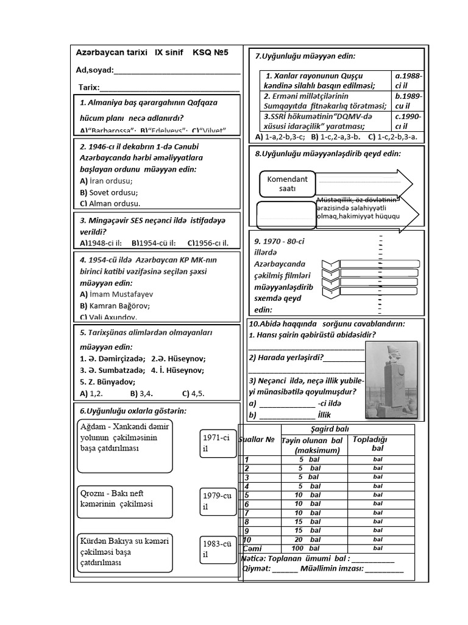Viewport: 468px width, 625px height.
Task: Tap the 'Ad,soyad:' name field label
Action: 94,70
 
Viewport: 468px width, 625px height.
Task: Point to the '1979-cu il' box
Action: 216,501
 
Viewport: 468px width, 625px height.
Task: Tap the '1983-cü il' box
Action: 216,549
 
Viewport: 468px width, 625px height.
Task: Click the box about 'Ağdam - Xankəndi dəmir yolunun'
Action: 125,446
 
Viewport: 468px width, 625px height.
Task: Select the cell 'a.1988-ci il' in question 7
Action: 408,81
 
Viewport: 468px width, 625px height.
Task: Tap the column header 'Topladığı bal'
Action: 377,444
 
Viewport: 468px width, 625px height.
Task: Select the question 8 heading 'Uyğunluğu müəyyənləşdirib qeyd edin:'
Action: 328,153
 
